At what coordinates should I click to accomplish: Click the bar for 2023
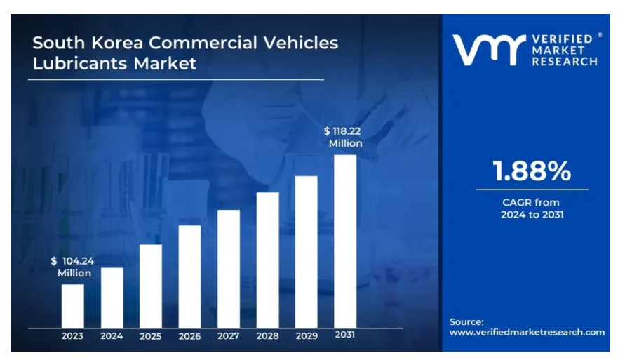click(x=72, y=305)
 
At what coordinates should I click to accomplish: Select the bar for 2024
click(x=112, y=297)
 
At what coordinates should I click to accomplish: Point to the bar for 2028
click(x=267, y=260)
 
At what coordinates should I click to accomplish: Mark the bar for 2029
click(x=306, y=251)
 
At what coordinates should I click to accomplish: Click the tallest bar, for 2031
click(x=344, y=241)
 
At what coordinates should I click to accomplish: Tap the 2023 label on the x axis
click(x=72, y=336)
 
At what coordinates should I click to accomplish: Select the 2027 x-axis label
click(x=229, y=336)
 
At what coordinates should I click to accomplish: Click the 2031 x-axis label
click(x=344, y=335)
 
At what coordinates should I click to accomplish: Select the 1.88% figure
click(x=532, y=171)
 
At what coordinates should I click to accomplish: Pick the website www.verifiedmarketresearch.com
click(x=527, y=332)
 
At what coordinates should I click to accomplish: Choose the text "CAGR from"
click(x=532, y=202)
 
